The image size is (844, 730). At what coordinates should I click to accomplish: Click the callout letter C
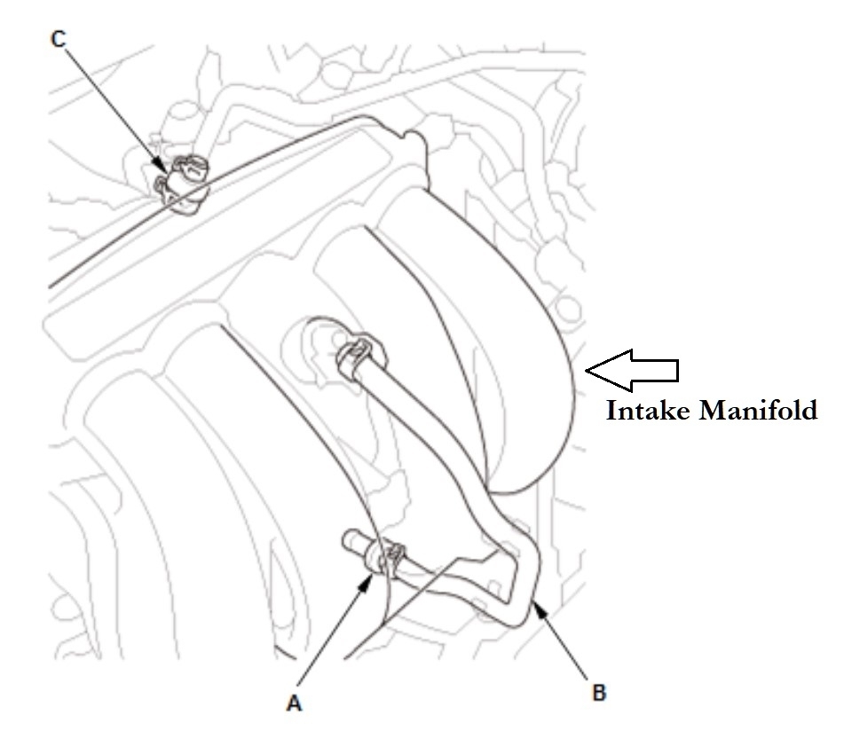[59, 42]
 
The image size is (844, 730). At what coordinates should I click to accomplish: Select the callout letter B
[600, 692]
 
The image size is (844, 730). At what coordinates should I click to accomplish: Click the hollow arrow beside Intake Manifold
[634, 370]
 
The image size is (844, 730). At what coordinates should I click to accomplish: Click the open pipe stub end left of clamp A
[350, 538]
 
